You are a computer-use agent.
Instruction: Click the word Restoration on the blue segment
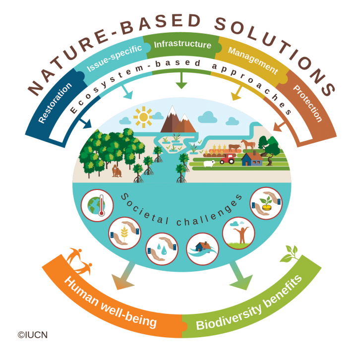[55, 102]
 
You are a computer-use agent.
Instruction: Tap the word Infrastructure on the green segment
[182, 45]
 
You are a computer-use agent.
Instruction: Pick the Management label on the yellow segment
[252, 60]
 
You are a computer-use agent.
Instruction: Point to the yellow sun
[144, 117]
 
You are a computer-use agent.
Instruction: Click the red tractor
[228, 158]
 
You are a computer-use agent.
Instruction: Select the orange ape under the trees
[117, 171]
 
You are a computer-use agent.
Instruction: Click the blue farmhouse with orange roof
[251, 159]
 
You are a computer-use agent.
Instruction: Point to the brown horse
[248, 144]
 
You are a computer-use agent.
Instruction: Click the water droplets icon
[162, 247]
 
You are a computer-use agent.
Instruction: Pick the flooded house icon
[202, 248]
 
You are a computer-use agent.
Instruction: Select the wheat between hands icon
[124, 231]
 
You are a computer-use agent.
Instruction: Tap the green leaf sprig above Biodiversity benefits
[290, 254]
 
